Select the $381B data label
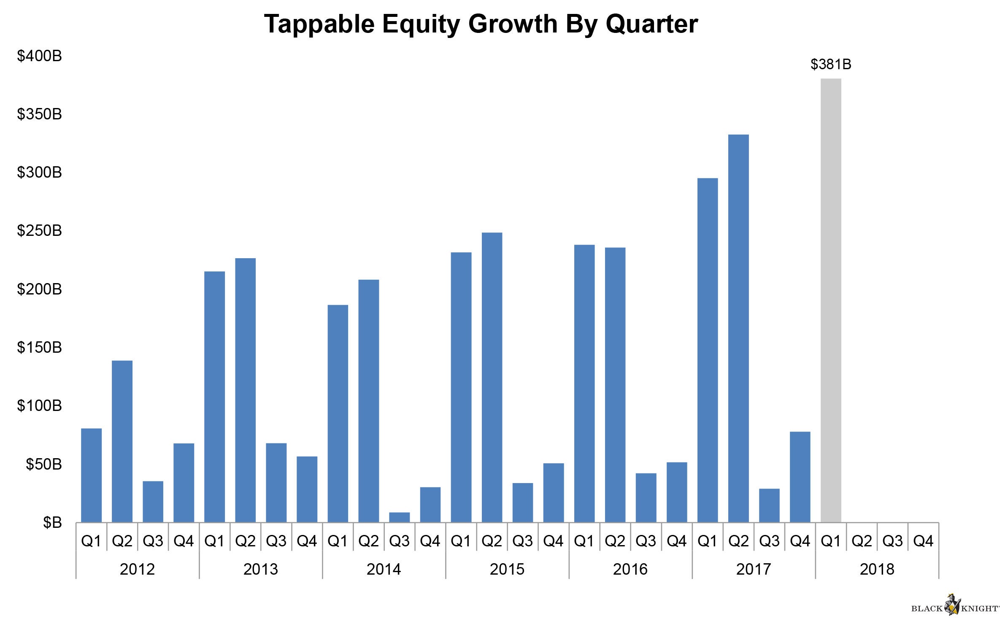point(831,65)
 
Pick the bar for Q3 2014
point(399,517)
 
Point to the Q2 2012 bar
point(122,441)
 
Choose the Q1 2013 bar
point(214,397)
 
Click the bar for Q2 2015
point(492,377)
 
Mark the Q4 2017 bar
point(800,477)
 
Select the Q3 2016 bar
point(646,498)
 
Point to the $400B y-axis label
point(39,56)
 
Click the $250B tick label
point(39,231)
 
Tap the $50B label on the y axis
point(43,465)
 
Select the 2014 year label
point(384,570)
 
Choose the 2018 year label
point(877,570)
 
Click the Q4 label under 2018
point(923,541)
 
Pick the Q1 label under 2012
point(91,541)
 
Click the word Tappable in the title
point(319,24)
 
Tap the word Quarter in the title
point(651,24)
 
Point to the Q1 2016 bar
point(584,384)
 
